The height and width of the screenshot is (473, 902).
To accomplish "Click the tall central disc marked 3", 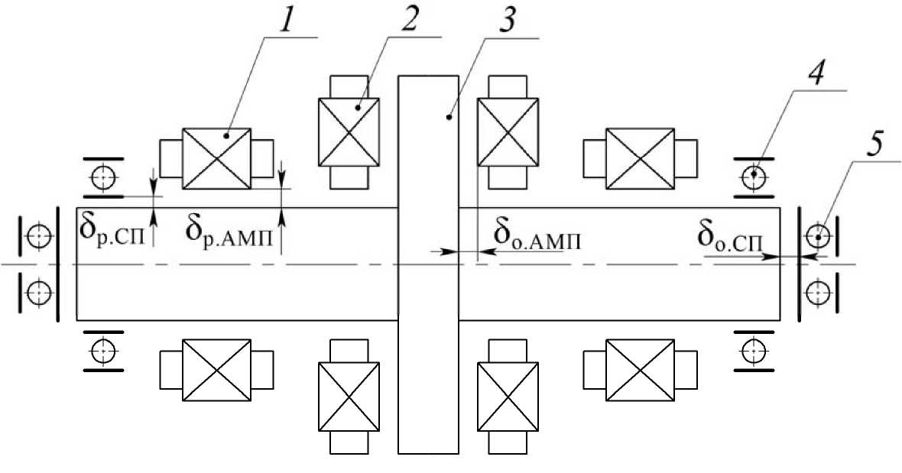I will click(428, 264).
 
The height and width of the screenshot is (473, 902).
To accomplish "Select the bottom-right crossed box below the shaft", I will click(640, 370).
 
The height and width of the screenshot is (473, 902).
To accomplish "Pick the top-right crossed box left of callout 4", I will click(640, 157).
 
